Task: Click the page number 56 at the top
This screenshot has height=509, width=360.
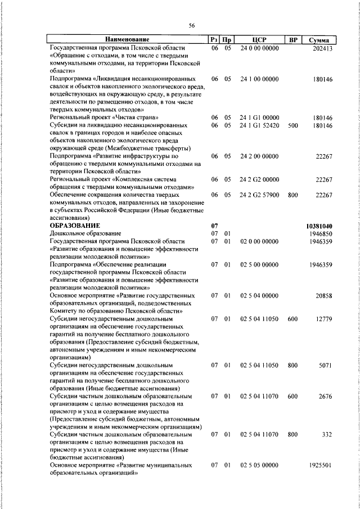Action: [191, 26]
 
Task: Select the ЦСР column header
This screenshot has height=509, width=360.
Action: [259, 40]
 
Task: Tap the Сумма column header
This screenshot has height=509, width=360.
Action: [319, 40]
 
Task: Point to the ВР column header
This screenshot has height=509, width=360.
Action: [292, 40]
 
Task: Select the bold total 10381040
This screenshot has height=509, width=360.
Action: [319, 226]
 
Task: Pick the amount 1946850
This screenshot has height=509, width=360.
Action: [321, 233]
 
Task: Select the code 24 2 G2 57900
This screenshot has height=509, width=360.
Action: [259, 195]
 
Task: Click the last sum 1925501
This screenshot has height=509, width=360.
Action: [321, 465]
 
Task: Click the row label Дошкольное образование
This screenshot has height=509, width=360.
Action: [85, 233]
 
